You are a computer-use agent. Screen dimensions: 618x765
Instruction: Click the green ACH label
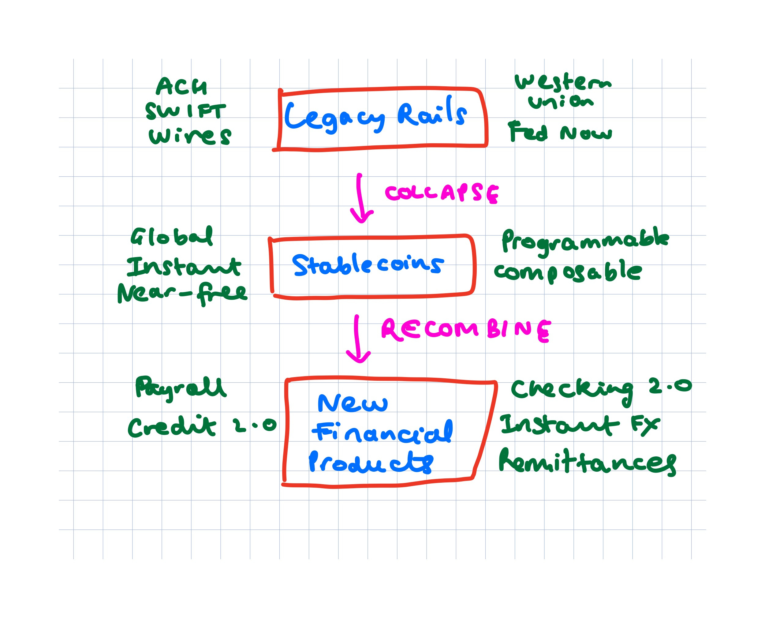(x=181, y=87)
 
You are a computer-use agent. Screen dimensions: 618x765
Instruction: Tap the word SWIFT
(x=185, y=111)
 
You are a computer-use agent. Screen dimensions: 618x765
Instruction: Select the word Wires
(x=190, y=136)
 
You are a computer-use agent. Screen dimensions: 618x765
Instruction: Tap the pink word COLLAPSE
(x=442, y=193)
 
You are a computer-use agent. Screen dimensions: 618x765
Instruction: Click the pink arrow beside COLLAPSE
(x=360, y=199)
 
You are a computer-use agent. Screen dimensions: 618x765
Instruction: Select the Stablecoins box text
(x=368, y=265)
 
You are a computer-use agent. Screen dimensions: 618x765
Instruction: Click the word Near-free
(x=182, y=293)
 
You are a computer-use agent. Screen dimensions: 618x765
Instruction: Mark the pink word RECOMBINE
(x=466, y=330)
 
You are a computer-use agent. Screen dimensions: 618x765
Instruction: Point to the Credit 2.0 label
(x=202, y=426)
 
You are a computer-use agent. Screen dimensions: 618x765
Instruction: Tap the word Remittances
(x=587, y=462)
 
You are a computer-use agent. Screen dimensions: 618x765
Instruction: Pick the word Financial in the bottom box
(x=383, y=432)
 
